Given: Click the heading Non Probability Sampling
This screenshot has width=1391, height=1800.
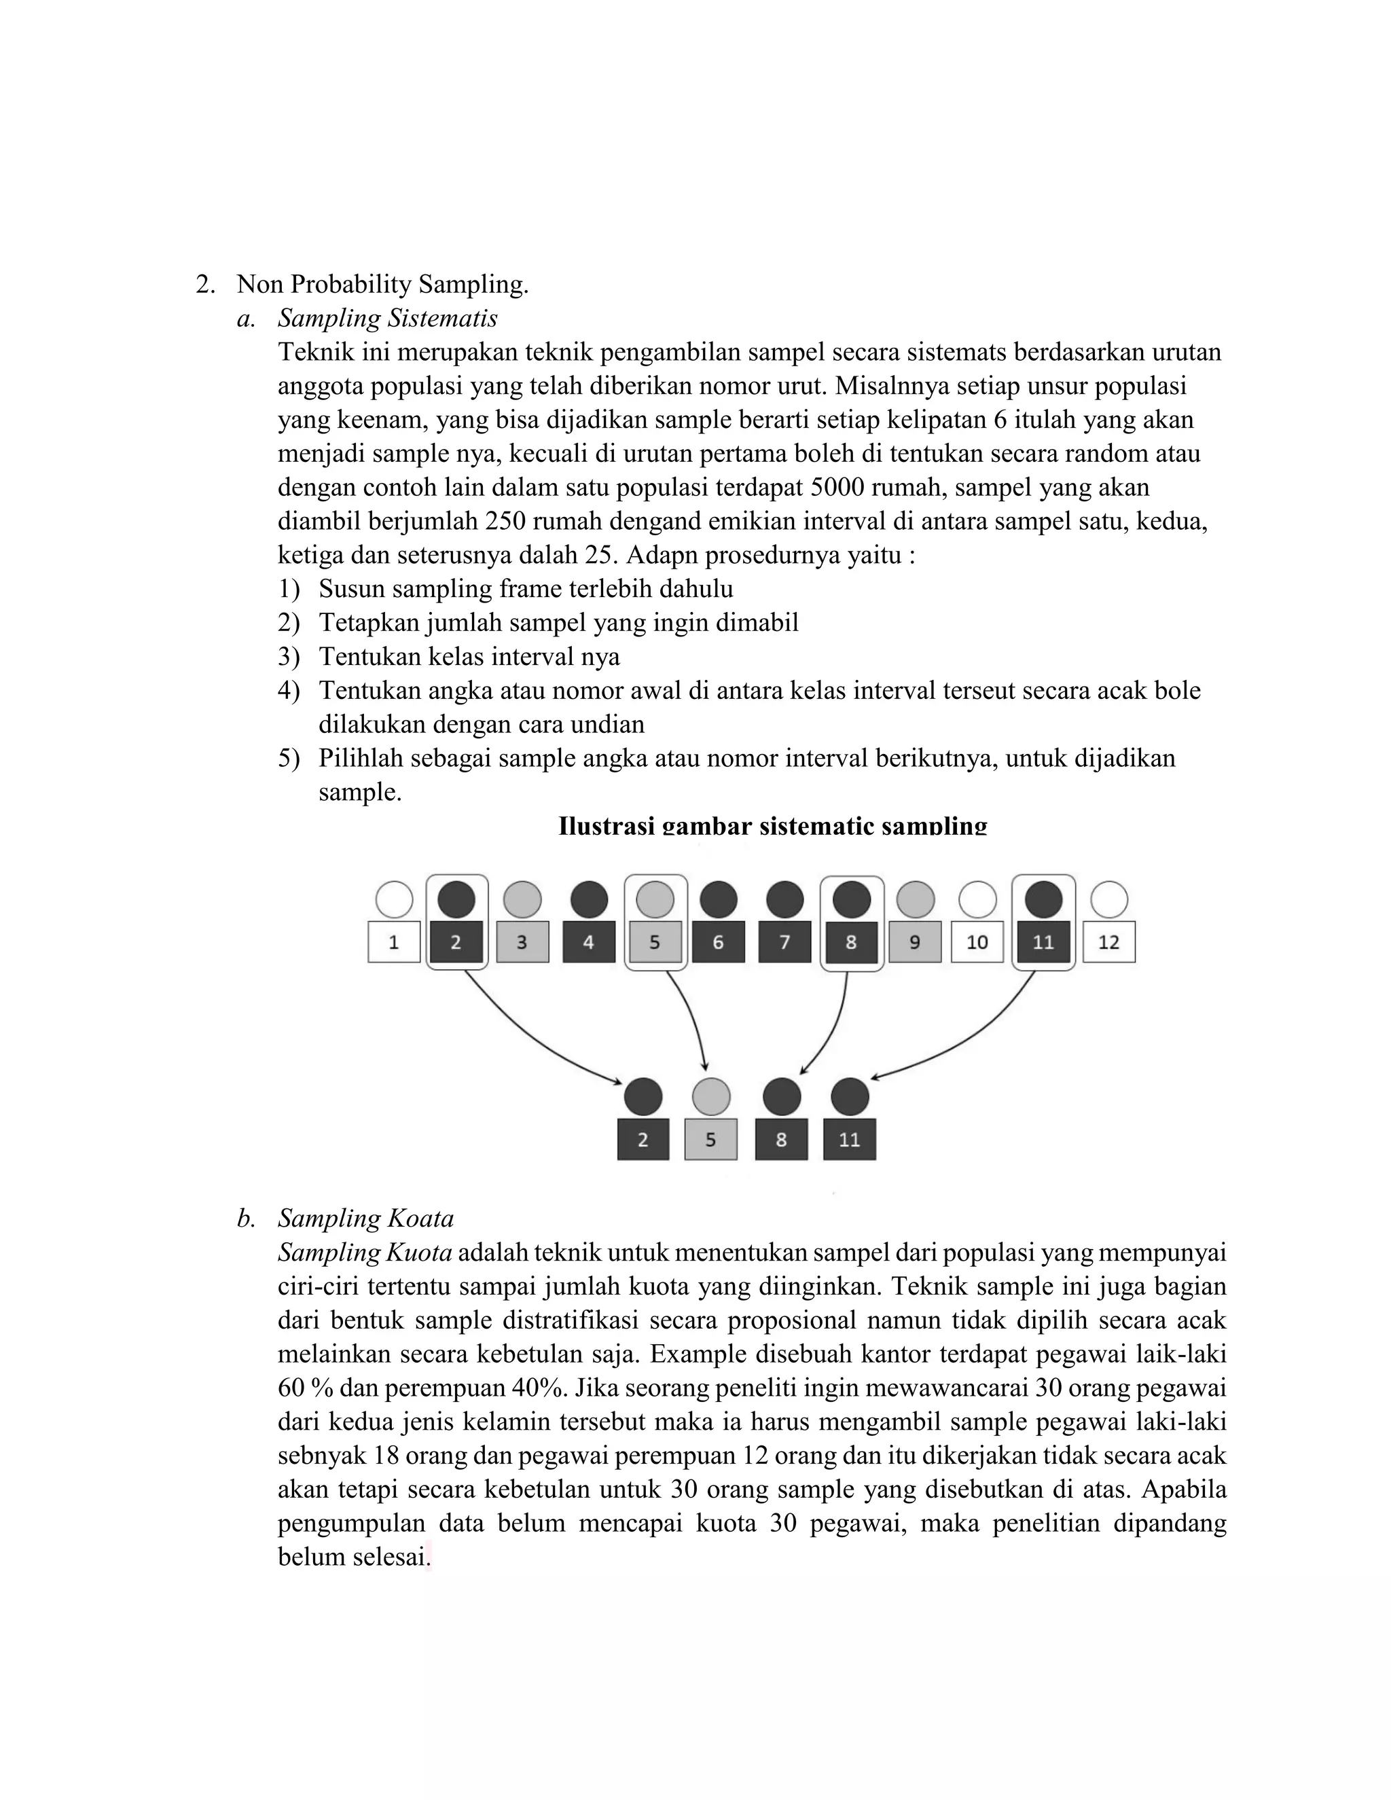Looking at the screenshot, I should point(382,285).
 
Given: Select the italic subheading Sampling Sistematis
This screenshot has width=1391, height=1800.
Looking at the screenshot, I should point(387,318).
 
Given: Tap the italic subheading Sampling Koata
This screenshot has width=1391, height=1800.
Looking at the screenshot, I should point(366,1218).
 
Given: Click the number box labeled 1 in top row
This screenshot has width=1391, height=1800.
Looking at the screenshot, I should point(394,942).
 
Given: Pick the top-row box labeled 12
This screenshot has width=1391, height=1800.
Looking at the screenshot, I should point(1108,942).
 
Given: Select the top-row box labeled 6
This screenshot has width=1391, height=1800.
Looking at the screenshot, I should point(718,942).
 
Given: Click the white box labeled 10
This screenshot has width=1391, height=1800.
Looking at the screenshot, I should point(977,942).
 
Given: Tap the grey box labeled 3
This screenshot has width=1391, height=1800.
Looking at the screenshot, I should point(522,942).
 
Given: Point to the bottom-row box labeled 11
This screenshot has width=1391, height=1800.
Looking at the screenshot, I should point(850,1140).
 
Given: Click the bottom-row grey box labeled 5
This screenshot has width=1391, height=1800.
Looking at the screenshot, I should point(710,1140).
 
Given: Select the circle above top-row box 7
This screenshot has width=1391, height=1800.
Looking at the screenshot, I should point(784,899).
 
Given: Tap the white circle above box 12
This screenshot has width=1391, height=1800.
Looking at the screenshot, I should point(1108,899).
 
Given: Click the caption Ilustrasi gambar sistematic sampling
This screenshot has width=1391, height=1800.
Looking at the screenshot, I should point(772,826).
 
